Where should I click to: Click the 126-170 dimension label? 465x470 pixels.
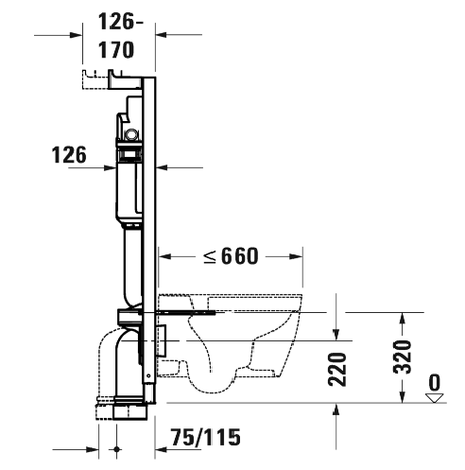click(x=120, y=36)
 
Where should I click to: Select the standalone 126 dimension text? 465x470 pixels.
click(x=69, y=155)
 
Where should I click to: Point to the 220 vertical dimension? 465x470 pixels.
click(x=337, y=370)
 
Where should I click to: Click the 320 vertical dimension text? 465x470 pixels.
click(x=403, y=357)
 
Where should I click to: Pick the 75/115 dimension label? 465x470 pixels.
click(x=205, y=437)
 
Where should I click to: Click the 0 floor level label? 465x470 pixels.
click(x=435, y=382)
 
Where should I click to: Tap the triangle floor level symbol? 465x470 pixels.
click(x=435, y=398)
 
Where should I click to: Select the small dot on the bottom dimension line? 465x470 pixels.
click(x=116, y=449)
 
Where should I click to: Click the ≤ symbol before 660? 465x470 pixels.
click(x=210, y=256)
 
